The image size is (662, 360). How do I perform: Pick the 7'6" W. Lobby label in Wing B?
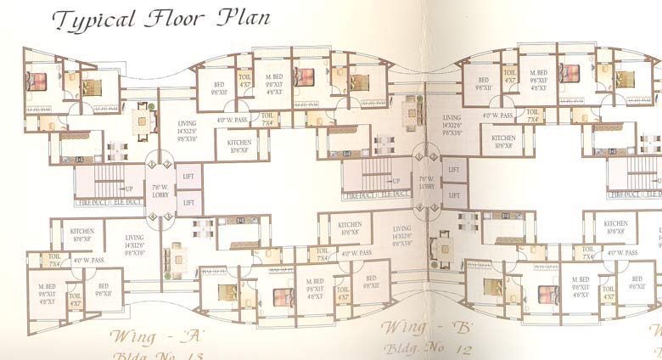pos(427,183)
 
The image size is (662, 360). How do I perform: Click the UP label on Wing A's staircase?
pos(129,188)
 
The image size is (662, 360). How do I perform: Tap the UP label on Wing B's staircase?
pos(396,180)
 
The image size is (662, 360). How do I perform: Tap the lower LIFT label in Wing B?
pos(454,194)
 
